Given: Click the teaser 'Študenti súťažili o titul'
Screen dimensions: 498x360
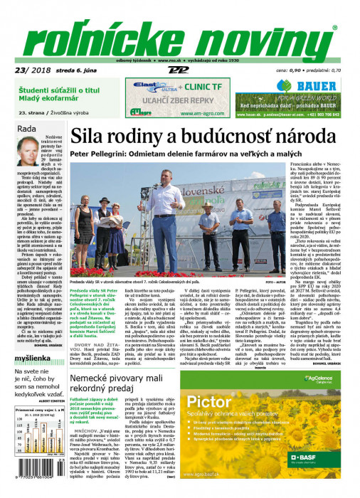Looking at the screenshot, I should pyautogui.click(x=67, y=89).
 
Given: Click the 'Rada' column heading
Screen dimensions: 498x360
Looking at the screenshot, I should pyautogui.click(x=26, y=128).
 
